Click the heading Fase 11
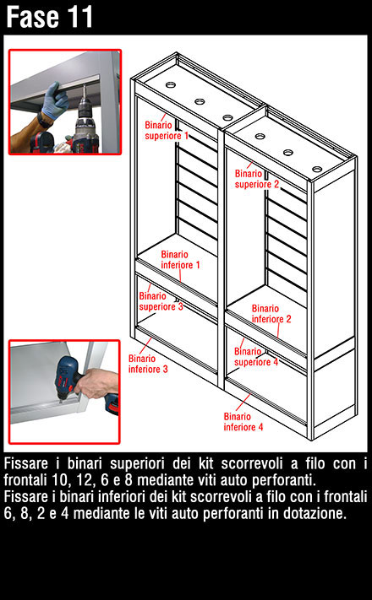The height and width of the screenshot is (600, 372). [50, 17]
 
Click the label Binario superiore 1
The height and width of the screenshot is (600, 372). [167, 131]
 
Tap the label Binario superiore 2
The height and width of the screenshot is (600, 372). [257, 179]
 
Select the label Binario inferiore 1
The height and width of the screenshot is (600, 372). [180, 260]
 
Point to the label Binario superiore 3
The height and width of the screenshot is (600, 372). [161, 301]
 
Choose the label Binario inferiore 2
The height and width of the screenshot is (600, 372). [271, 314]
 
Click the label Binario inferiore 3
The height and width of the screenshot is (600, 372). [148, 364]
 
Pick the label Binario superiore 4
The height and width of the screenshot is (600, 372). [256, 357]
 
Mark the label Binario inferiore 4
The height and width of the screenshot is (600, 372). [243, 422]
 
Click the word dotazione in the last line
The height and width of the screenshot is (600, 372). [315, 513]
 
